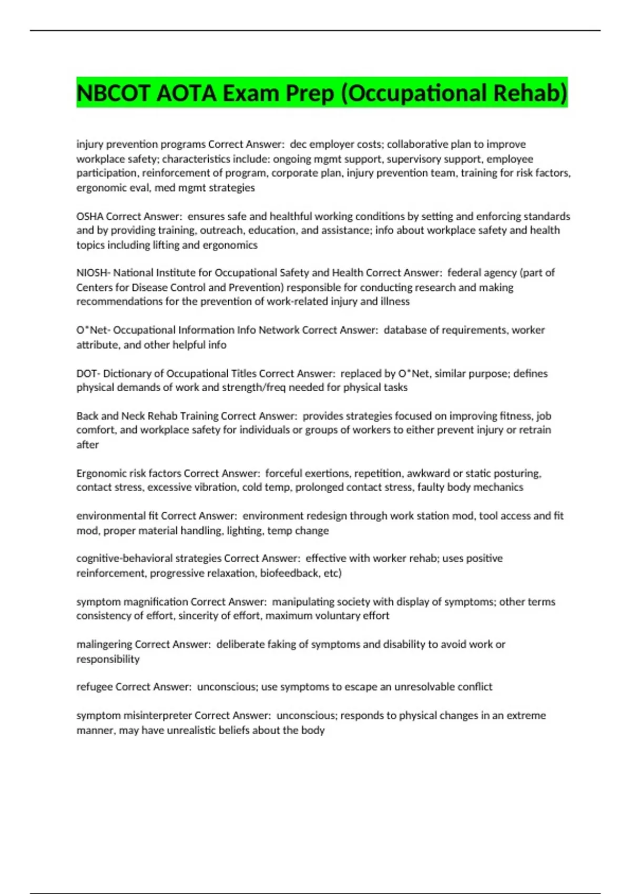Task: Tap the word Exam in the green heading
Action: coord(250,93)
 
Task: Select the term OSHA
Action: coord(90,216)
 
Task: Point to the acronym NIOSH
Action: coord(91,272)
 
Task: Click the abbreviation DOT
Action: coord(86,373)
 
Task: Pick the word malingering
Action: coord(104,644)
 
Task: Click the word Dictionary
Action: coord(127,373)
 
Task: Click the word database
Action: coord(405,330)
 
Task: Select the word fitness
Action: coord(514,416)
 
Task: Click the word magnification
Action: coord(155,602)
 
